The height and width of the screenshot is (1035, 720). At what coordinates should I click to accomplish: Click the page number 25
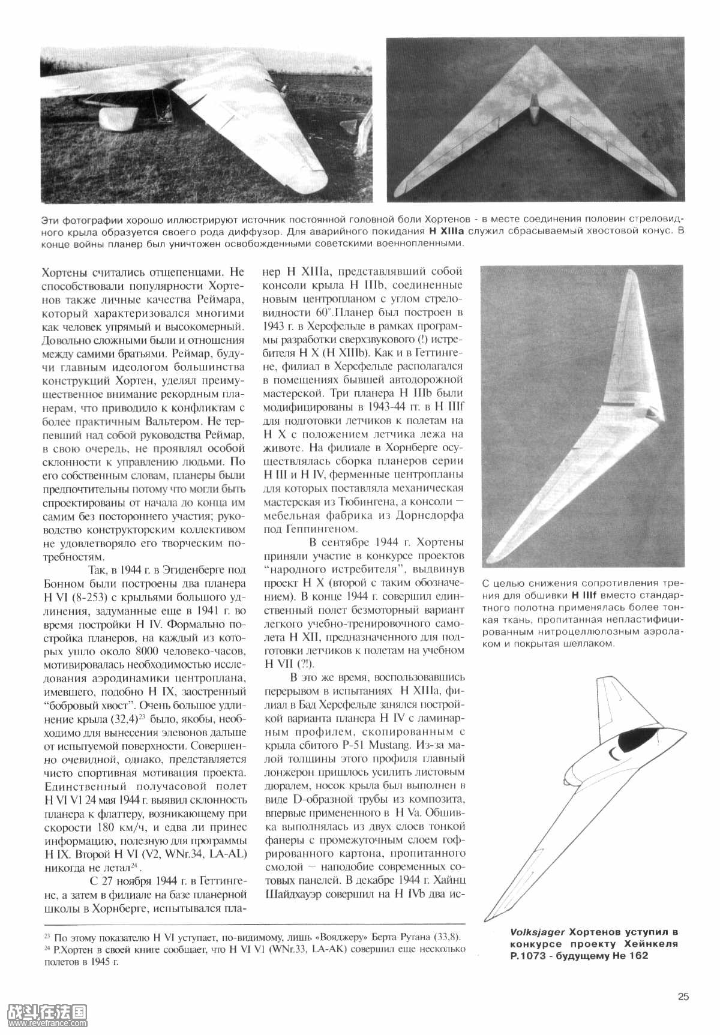[x=683, y=997]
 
